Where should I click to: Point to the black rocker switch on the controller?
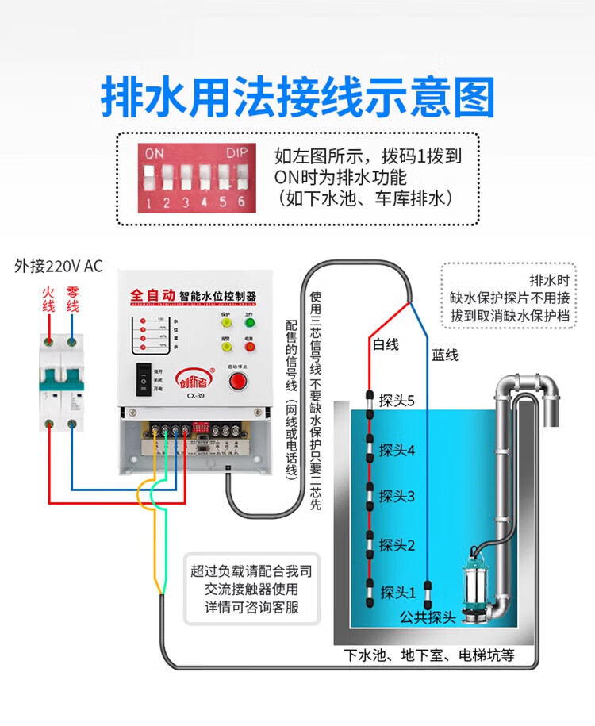[144, 378]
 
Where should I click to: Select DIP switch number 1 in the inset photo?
[148, 174]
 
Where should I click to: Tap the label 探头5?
[397, 401]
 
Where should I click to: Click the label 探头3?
[397, 497]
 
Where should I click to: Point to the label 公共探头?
[428, 617]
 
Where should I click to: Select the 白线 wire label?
[386, 344]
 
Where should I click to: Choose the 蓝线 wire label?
[445, 355]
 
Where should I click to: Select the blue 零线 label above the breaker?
[72, 299]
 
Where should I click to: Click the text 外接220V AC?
[59, 266]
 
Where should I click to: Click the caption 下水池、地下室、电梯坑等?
[429, 655]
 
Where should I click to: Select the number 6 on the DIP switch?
[241, 202]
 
